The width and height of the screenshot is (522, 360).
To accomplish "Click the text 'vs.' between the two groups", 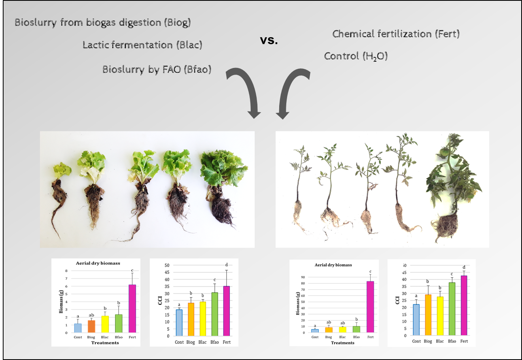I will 269,40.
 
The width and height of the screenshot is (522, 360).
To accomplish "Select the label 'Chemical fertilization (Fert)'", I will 396,34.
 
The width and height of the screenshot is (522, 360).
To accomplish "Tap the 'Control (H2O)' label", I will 356,56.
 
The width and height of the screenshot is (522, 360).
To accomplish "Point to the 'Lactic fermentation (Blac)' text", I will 142,45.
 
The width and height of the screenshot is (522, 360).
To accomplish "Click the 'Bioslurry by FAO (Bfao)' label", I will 157,70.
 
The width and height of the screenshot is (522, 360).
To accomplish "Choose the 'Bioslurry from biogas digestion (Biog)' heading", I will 103,23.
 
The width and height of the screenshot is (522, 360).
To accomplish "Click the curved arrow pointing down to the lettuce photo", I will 246,91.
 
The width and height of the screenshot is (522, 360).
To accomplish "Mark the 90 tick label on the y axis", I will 303,277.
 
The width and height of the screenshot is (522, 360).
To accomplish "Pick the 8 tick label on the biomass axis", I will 66,271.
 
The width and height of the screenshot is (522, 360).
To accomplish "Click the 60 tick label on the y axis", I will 303,296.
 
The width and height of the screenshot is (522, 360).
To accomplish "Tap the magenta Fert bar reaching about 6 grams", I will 132,308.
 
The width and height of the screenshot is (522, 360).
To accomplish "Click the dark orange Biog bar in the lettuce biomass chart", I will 91,326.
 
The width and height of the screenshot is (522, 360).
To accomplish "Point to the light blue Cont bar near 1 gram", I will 78,328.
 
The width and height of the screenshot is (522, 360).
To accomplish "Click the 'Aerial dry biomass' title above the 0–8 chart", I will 98,263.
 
